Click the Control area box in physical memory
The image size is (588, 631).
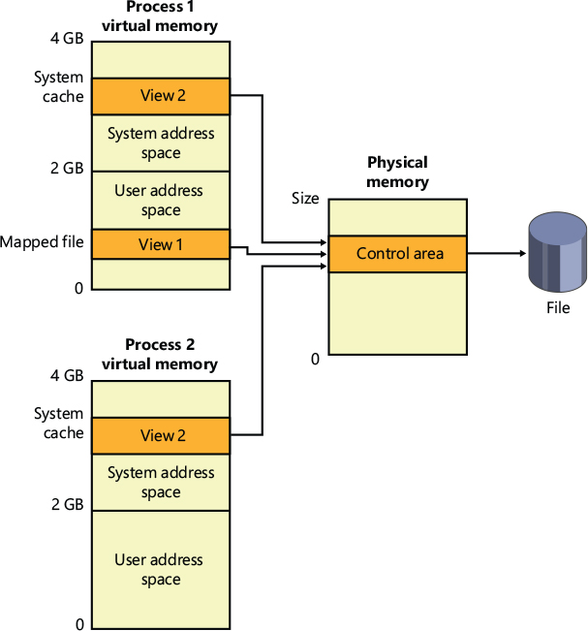[x=398, y=254]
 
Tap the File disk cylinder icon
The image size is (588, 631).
[x=557, y=254]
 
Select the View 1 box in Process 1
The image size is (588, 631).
[x=160, y=244]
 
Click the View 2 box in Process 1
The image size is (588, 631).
[x=160, y=96]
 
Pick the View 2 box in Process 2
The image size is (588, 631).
[x=160, y=435]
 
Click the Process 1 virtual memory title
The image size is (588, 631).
[x=160, y=16]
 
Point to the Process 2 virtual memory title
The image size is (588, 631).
[x=160, y=355]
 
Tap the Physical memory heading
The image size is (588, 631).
[x=397, y=173]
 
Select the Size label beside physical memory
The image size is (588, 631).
[x=305, y=199]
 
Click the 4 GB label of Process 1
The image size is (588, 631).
[x=67, y=40]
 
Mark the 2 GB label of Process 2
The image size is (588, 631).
[x=67, y=505]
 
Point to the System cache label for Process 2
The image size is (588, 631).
[x=59, y=424]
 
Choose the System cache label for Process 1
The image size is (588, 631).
[x=59, y=86]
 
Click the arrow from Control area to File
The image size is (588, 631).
[x=497, y=254]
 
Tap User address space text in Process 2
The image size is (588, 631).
[x=160, y=570]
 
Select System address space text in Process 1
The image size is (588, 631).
[x=160, y=143]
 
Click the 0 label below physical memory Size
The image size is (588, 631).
[x=315, y=360]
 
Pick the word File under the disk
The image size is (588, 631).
[x=557, y=308]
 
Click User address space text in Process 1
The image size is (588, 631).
[x=160, y=201]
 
